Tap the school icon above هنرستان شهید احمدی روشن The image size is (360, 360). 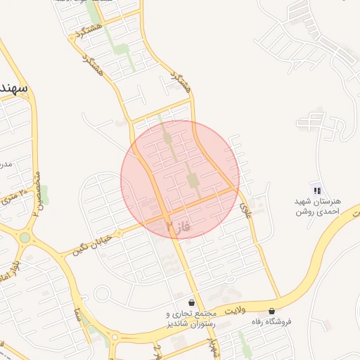pos(316,189)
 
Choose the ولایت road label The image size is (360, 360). pos(236,307)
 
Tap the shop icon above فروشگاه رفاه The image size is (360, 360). pos(271,310)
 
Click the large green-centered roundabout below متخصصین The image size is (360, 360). pos(25,237)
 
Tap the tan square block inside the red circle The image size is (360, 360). pos(193,181)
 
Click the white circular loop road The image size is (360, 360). pos(105,293)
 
